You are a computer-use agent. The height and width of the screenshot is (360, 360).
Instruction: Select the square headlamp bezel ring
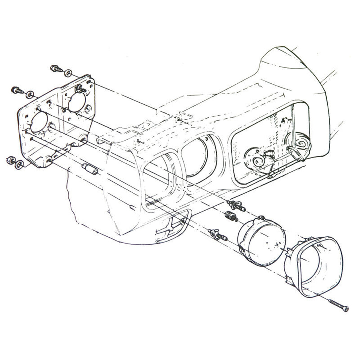[314, 266]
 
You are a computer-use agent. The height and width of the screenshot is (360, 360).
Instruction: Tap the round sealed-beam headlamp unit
[262, 241]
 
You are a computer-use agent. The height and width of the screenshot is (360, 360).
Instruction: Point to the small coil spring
[231, 216]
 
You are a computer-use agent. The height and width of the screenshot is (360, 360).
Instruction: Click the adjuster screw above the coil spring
[236, 205]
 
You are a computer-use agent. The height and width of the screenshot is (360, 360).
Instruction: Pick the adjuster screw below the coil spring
[218, 234]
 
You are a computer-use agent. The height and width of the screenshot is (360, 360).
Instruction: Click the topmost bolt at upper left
[55, 68]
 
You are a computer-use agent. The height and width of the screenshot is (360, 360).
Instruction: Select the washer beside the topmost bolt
[68, 73]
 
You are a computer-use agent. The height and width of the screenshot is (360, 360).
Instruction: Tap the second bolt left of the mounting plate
[17, 90]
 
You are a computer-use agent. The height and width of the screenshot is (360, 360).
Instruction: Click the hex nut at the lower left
[11, 160]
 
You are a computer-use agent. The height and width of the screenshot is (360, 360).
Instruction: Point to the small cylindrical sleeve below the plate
[90, 169]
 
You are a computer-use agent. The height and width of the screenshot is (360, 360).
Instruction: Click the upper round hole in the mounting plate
[77, 102]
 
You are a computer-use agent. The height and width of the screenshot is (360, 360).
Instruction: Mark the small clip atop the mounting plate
[81, 89]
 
